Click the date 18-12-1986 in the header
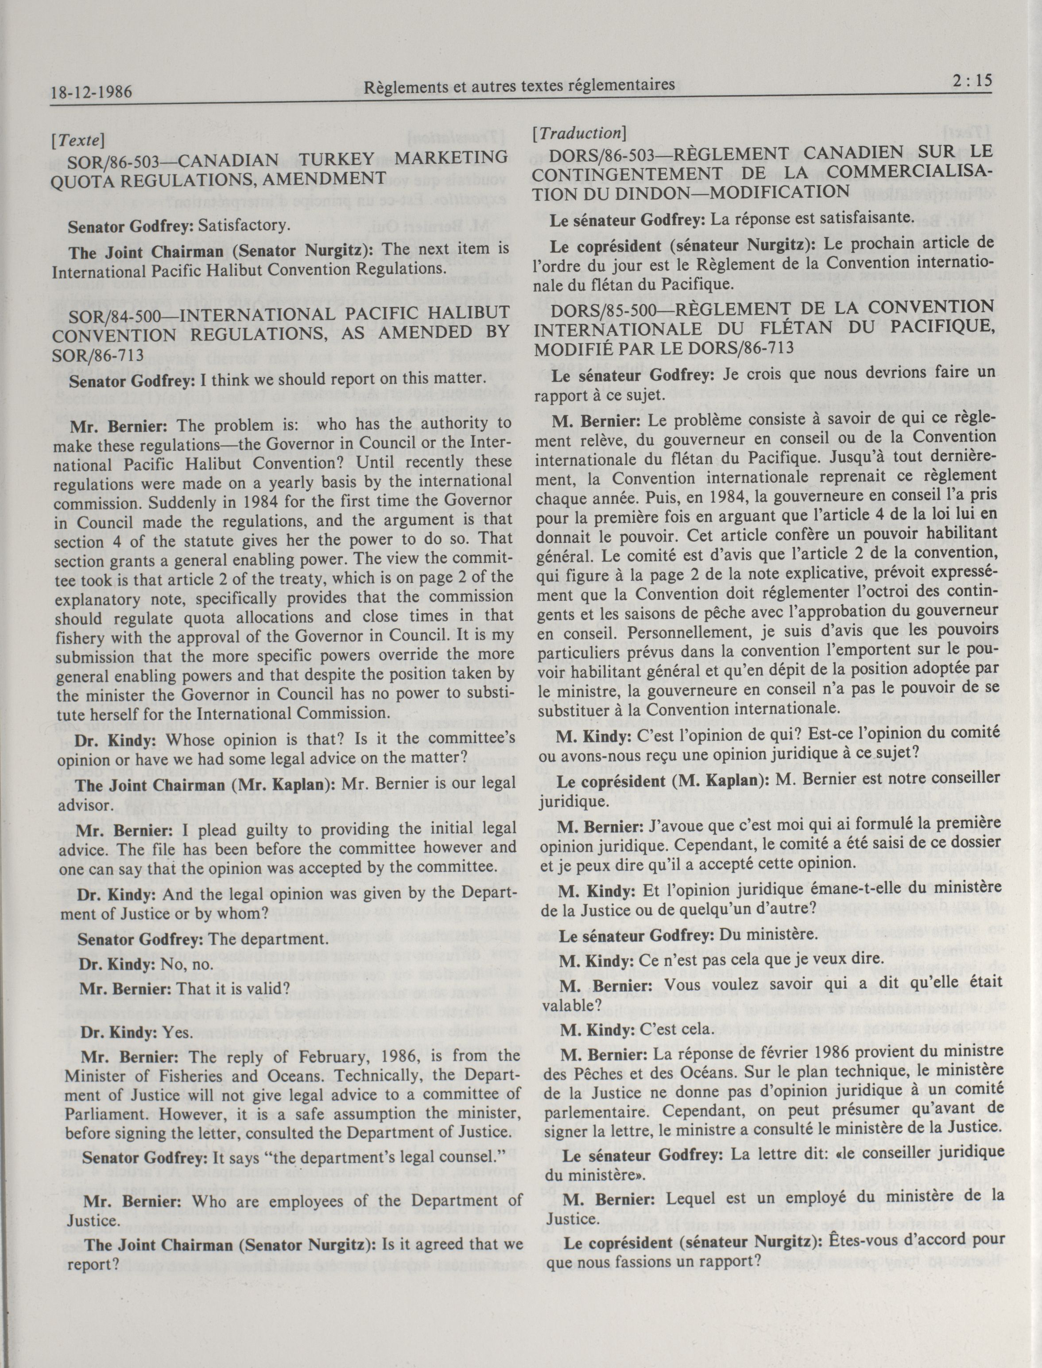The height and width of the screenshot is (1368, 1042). (x=92, y=92)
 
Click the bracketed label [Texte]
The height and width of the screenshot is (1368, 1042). (x=78, y=140)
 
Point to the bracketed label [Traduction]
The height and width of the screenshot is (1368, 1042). (x=579, y=133)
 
